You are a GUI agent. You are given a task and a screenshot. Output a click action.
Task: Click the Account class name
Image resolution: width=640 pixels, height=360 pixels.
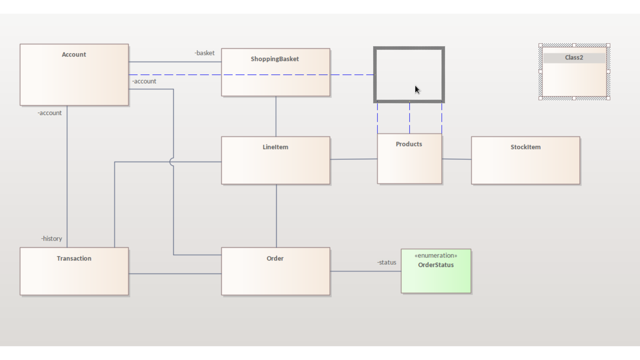coord(74,54)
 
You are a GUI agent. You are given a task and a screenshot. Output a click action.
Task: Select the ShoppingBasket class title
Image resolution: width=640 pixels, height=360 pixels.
coord(275,59)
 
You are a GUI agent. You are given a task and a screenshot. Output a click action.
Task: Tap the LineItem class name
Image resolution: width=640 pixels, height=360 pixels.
coord(275,147)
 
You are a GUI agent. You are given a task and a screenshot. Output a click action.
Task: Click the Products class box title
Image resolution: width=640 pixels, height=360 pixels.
coord(409,144)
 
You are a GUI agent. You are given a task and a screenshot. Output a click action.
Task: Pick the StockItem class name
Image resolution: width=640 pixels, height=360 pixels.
coord(525,147)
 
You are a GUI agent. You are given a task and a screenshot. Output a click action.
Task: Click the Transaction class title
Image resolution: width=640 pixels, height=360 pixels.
coord(74,258)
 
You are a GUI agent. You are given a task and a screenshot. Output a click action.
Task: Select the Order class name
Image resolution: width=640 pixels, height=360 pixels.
coord(275,258)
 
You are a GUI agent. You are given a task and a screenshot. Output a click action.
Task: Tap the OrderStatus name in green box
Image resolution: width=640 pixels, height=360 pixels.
coord(436,265)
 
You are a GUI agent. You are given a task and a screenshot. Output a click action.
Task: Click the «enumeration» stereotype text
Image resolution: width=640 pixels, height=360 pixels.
coord(436,256)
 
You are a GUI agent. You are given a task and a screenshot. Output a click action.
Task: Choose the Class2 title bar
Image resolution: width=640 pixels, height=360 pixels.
coord(574,58)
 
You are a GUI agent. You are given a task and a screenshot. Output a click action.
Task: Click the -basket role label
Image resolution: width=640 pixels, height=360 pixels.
coord(205,53)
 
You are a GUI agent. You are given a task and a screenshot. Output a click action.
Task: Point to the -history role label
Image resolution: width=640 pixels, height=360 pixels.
coord(52,239)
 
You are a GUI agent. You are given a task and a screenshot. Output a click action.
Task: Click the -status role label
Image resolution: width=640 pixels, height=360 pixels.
coord(387,262)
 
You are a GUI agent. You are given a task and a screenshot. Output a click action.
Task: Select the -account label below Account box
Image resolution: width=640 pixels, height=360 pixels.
coord(50,113)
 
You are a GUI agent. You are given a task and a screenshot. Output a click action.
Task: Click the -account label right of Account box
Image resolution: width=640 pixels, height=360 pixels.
coord(144,81)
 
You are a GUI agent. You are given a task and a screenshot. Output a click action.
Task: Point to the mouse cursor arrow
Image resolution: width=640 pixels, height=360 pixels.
coord(417,89)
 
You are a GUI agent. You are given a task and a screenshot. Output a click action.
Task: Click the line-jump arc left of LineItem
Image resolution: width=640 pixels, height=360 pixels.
coord(171,162)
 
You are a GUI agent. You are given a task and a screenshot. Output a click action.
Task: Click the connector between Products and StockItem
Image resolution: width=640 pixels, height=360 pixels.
coord(457,159)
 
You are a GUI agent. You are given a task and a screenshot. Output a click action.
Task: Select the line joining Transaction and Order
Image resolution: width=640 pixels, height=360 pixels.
coord(175,274)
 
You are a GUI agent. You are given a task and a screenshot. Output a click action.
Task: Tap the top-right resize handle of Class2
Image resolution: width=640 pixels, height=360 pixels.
coord(608,45)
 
